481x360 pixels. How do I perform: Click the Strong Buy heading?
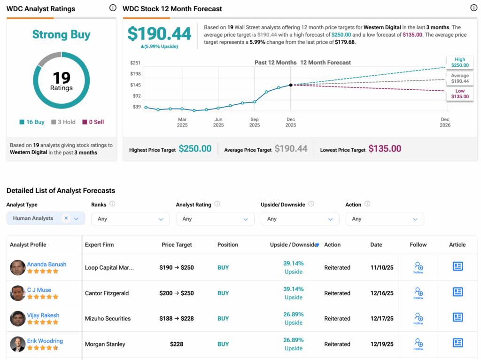click(61, 35)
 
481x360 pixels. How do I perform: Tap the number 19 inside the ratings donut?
click(61, 77)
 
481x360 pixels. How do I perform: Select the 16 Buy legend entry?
click(32, 122)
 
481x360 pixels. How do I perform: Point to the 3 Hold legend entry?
click(63, 122)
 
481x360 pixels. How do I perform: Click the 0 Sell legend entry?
click(93, 122)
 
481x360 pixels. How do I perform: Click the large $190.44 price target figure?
click(160, 34)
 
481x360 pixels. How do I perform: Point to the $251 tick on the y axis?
click(135, 63)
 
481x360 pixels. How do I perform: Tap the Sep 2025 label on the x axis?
click(255, 122)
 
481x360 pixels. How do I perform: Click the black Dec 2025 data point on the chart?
click(291, 85)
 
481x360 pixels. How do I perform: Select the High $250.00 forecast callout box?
click(460, 62)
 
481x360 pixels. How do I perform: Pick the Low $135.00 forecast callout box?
click(460, 94)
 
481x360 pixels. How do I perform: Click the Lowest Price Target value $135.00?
click(385, 149)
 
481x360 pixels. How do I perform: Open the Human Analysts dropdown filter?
click(46, 219)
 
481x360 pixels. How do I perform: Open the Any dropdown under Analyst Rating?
click(215, 219)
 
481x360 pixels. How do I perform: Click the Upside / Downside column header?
click(294, 245)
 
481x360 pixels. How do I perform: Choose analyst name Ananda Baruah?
click(47, 264)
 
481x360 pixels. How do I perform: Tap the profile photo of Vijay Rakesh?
click(18, 319)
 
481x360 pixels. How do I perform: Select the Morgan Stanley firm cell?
click(105, 344)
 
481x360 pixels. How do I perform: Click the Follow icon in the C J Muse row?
click(418, 293)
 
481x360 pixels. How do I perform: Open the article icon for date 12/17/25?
click(458, 317)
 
